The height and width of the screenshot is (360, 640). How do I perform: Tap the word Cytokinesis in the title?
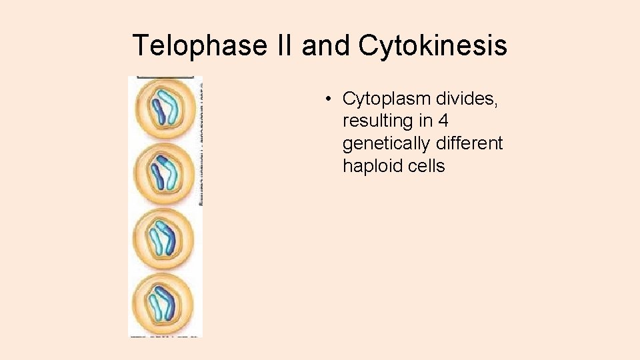(x=433, y=46)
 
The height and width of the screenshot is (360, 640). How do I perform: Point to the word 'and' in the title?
(x=326, y=46)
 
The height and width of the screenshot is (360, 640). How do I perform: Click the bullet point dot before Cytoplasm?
(x=329, y=99)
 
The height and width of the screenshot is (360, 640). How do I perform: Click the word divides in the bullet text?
(x=467, y=99)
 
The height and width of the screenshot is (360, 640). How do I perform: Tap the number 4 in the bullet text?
(x=443, y=121)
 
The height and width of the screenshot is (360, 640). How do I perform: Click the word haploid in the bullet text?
(x=373, y=165)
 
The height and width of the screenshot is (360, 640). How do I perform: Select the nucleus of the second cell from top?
(x=164, y=172)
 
